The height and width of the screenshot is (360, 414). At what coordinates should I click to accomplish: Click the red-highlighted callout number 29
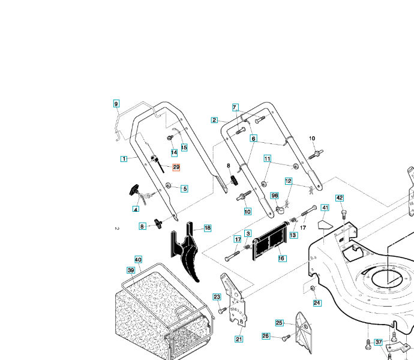click(x=176, y=166)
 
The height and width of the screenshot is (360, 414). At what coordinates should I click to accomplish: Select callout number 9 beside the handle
click(x=116, y=104)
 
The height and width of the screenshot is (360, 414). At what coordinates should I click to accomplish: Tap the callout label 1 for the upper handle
click(x=123, y=159)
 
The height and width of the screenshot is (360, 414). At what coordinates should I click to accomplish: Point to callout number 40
click(x=138, y=260)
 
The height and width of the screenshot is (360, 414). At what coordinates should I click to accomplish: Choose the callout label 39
click(x=130, y=271)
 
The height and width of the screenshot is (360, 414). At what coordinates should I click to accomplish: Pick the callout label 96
click(x=274, y=196)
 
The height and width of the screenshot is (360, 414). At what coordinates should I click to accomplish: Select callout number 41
click(x=325, y=208)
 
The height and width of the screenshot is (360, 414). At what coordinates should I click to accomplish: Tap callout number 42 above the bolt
click(x=340, y=198)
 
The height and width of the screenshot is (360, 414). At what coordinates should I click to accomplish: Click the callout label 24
click(x=317, y=303)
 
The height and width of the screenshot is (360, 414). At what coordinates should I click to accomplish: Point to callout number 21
click(x=239, y=340)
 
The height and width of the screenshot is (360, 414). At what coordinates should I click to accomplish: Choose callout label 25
click(x=279, y=323)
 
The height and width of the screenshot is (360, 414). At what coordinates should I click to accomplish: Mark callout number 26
click(x=266, y=336)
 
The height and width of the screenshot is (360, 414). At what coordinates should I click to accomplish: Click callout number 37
click(x=379, y=342)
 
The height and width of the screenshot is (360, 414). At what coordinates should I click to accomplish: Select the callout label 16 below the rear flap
click(x=281, y=258)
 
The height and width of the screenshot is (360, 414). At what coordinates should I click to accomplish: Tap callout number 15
click(x=184, y=148)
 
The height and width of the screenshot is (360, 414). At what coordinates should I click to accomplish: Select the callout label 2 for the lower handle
click(x=214, y=120)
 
